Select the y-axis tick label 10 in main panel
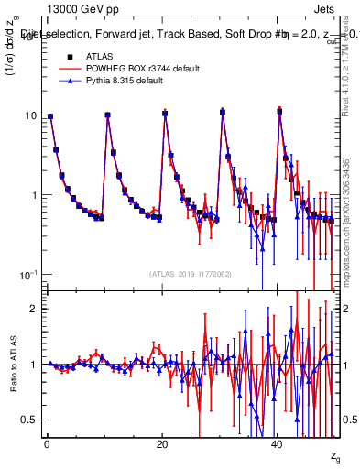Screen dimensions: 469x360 click(29, 115)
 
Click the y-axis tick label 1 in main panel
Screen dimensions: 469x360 click(32, 195)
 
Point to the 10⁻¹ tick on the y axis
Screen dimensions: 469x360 click(27, 274)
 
